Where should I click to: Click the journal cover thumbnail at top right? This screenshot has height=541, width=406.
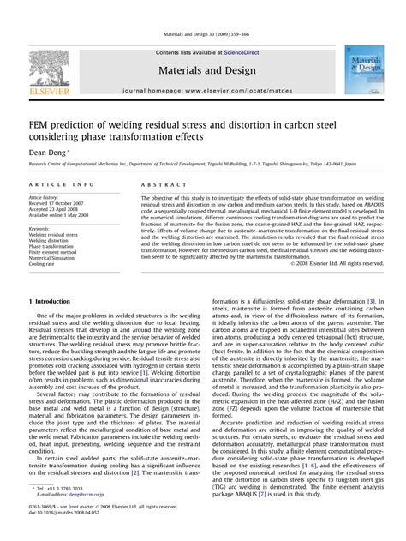[x=361, y=70]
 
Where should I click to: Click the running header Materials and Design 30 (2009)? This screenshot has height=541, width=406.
[x=203, y=34]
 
